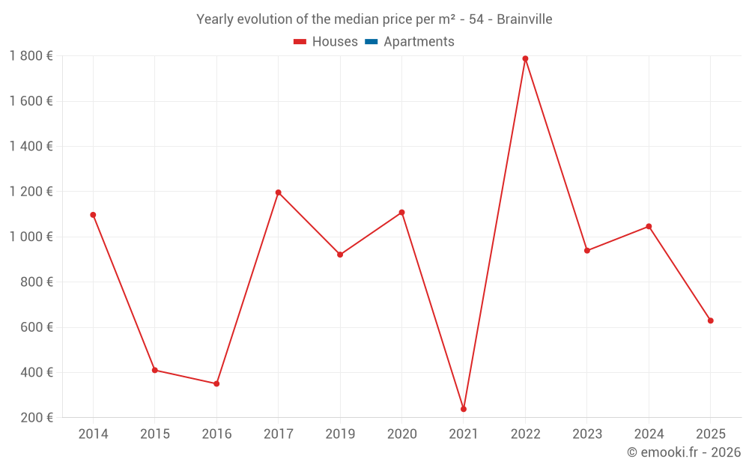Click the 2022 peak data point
525,58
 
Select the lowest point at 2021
464,409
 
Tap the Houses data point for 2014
93,215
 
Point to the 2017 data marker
278,192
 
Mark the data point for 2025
710,320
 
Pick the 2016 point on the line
216,383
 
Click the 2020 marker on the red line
401,213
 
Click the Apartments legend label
419,42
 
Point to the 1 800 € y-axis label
31,56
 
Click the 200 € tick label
35,418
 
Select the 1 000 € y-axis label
31,237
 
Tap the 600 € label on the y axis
35,327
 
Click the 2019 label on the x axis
340,434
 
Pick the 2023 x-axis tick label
586,434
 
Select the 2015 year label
155,434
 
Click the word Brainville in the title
524,19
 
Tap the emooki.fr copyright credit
684,452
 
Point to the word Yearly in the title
215,19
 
